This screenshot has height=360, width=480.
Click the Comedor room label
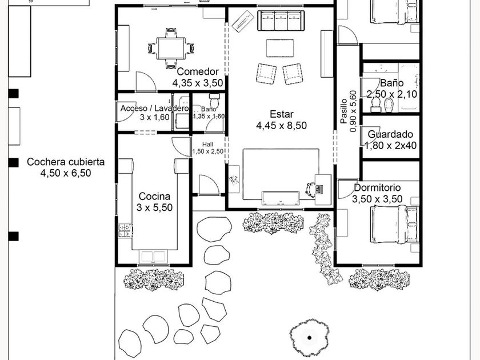[x=198, y=71]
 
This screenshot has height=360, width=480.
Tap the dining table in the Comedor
[x=171, y=48]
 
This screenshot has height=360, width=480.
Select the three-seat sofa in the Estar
[x=281, y=21]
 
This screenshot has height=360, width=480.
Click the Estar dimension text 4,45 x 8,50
[x=281, y=126]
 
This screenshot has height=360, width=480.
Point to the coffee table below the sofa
[x=280, y=48]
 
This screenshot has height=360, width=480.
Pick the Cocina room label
[x=154, y=196]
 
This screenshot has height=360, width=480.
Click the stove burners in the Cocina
[x=125, y=230]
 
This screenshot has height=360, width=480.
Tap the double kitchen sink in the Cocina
[x=154, y=257]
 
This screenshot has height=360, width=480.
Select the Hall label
[x=208, y=144]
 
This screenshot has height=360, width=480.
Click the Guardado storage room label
[x=390, y=134]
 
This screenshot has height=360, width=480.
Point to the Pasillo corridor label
[x=343, y=111]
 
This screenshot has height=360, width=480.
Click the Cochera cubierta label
[x=66, y=162]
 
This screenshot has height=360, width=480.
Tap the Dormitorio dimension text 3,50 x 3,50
[x=377, y=199]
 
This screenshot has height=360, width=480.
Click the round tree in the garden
[x=309, y=337]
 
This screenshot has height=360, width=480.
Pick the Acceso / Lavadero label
[x=154, y=109]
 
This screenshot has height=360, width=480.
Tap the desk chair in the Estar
[x=311, y=188]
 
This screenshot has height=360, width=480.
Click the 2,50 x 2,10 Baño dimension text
[x=392, y=94]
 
